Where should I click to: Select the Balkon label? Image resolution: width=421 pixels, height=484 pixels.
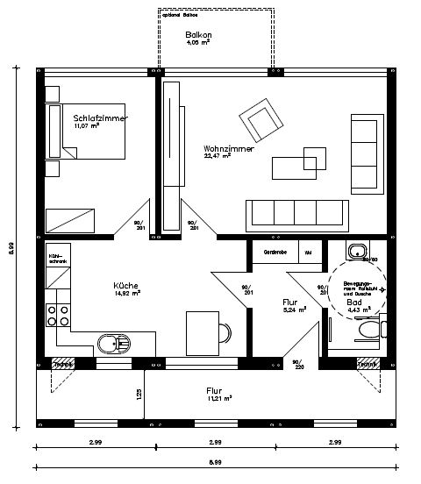tap(199, 34)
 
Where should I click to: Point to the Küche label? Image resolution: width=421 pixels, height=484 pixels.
tap(126, 285)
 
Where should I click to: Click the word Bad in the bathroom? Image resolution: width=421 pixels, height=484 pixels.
tap(353, 301)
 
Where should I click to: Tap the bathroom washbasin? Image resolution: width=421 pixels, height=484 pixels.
tap(357, 253)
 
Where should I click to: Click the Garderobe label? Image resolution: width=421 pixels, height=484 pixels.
tap(275, 253)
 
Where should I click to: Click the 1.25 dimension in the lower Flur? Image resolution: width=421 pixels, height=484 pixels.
tap(139, 395)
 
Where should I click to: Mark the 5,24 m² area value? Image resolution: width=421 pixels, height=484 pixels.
tap(294, 309)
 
